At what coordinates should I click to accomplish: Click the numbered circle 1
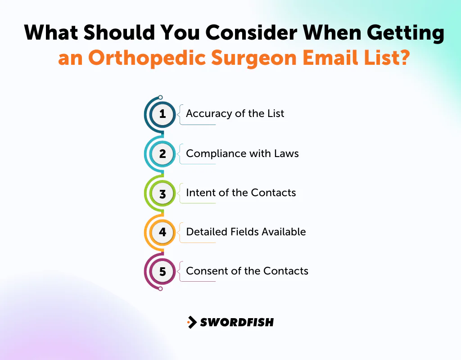(x=163, y=114)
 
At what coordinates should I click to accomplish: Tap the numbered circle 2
(x=163, y=154)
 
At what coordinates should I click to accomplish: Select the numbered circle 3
(x=163, y=193)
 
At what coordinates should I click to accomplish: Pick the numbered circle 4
(x=163, y=233)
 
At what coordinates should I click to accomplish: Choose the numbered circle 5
(x=163, y=272)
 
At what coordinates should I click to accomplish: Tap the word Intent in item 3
(x=198, y=193)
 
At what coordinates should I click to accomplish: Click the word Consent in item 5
(x=203, y=271)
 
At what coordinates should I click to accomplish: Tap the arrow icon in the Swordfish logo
(x=192, y=322)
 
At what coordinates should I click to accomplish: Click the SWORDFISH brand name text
(x=237, y=322)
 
